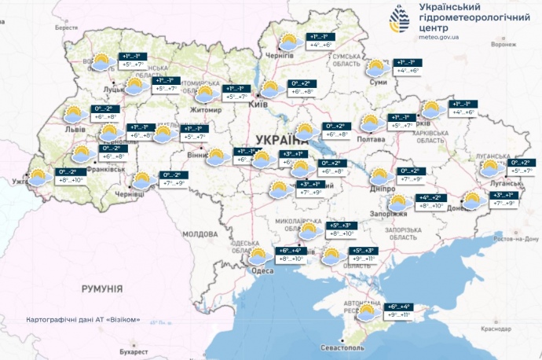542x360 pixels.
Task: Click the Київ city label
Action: [x=258, y=104]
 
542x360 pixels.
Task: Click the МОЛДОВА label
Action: [x=200, y=234]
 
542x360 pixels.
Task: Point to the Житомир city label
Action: [x=207, y=111]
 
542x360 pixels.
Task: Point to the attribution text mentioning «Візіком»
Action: [x=83, y=320]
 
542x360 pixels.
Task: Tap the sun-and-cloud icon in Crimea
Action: [x=367, y=313]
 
